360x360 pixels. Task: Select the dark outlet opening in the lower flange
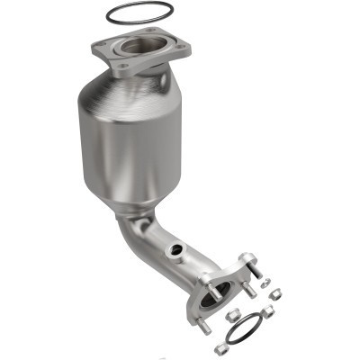(x=220, y=290)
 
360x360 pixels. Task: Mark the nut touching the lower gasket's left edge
(x=231, y=318)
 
